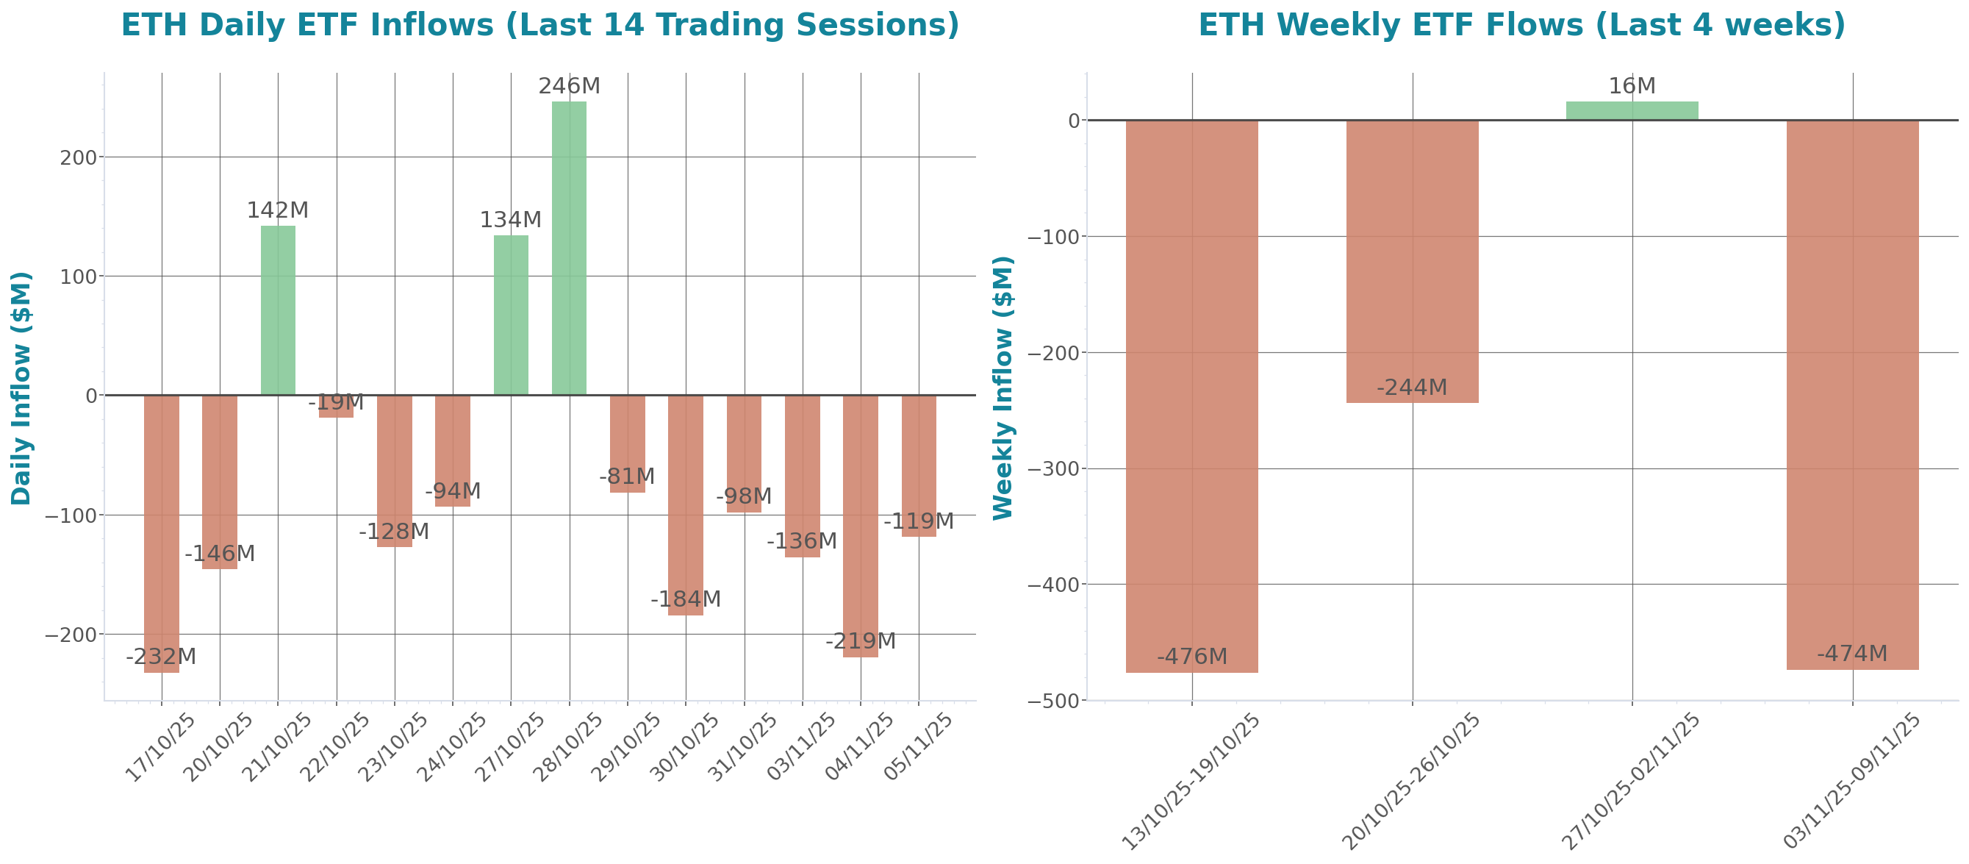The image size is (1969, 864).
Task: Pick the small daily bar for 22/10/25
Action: click(337, 407)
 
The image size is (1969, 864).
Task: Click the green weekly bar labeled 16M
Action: click(1632, 111)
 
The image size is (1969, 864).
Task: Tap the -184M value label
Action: click(685, 599)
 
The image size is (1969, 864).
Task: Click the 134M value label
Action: click(510, 220)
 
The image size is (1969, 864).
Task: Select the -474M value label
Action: click(1851, 654)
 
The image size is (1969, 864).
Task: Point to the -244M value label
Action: click(1412, 388)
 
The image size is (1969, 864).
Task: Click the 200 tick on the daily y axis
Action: click(79, 157)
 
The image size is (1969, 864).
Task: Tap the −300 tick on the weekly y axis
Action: click(1052, 468)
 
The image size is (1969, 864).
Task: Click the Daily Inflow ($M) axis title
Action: click(21, 388)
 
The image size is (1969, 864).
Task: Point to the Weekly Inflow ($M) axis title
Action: click(1002, 388)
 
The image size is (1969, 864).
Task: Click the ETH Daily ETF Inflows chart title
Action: click(539, 25)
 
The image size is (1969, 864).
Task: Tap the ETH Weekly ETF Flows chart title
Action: click(1521, 25)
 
